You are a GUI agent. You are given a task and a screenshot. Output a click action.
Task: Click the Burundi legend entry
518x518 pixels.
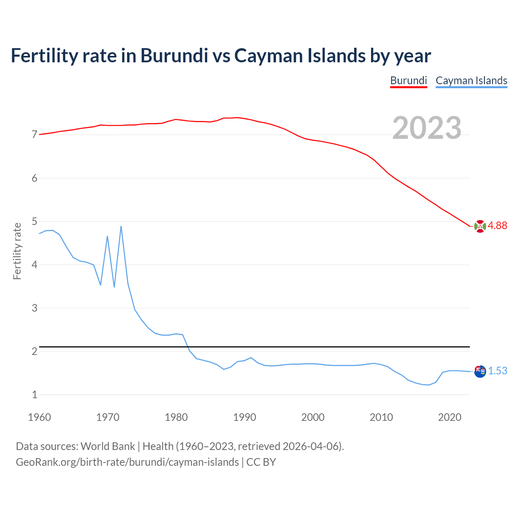408,81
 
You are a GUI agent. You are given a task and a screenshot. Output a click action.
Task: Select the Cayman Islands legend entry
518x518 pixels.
471,81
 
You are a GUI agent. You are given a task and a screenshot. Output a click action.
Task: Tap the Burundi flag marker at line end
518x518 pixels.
480,226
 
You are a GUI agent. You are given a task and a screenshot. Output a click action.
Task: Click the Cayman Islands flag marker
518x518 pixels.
480,371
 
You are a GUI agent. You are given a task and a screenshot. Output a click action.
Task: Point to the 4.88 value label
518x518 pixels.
497,226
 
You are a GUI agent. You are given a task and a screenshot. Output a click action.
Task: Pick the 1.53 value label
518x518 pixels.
497,371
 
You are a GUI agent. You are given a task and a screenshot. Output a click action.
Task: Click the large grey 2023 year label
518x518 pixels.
427,128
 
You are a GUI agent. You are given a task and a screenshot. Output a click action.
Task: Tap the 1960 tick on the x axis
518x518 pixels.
39,417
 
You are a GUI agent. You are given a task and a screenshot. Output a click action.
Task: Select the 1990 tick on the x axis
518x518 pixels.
244,417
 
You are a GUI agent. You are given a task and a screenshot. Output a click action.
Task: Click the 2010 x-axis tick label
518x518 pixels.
381,417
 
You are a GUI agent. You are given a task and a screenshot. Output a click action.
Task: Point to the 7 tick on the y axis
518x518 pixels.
34,135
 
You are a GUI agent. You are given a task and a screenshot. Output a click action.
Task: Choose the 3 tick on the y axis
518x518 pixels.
34,308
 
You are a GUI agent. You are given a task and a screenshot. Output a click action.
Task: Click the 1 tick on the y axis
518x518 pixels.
34,395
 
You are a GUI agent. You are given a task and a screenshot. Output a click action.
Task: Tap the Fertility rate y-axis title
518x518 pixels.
17,251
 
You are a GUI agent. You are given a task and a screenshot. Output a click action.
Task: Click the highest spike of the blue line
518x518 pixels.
121,227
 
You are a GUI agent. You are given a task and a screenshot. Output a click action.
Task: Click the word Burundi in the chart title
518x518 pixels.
174,55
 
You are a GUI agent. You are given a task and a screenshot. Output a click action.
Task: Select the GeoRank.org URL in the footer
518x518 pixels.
127,462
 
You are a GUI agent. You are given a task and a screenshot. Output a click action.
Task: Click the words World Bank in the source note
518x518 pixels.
108,446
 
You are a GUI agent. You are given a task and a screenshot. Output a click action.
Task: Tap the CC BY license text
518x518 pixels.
261,462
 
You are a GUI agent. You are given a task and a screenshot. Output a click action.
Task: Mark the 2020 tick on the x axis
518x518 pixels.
450,417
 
